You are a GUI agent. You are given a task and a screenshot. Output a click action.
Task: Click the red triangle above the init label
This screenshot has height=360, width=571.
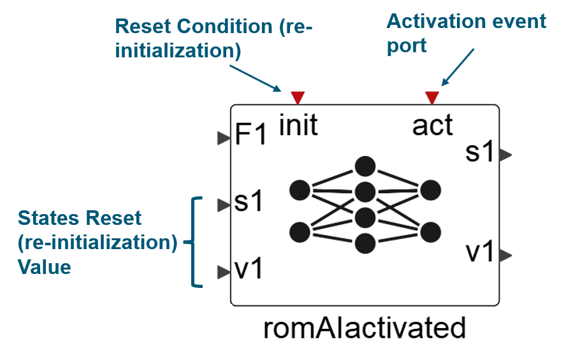[x=298, y=97]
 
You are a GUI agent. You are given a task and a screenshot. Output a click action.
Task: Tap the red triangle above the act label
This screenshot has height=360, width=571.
[x=432, y=97]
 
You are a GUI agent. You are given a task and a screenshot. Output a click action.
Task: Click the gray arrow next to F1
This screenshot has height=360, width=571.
[x=223, y=138]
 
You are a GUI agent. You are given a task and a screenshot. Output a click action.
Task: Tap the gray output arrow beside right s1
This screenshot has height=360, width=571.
[x=505, y=154]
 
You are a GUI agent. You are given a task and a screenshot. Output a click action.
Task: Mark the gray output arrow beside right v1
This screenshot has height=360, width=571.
[x=505, y=256]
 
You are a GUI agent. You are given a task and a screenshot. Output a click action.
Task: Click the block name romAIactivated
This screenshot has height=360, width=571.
[x=365, y=329]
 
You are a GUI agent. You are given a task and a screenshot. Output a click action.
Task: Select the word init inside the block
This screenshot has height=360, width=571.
[x=298, y=126]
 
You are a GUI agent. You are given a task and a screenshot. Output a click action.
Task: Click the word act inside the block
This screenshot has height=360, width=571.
[x=433, y=126]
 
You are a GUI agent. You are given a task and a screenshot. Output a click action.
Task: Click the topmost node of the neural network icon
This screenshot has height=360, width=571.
[x=365, y=167]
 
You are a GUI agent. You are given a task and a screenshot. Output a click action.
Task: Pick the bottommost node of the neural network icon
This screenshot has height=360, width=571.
[x=365, y=243]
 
